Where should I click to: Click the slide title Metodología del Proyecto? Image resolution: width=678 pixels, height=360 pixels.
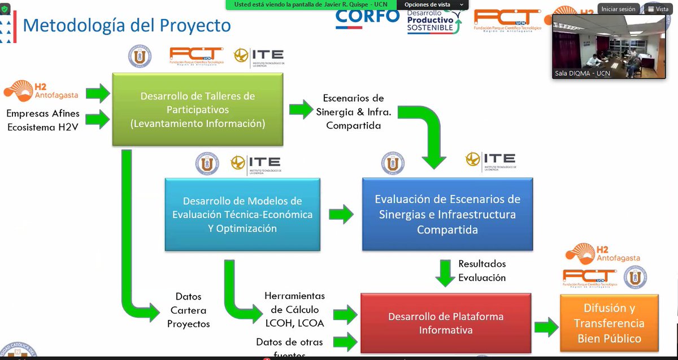[x=127, y=25]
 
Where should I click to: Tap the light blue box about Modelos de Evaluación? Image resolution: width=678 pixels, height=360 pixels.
[x=242, y=215]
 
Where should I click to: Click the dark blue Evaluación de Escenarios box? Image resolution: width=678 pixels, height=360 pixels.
[x=447, y=215]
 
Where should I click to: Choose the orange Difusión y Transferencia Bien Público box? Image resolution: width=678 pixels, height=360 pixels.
[x=609, y=323]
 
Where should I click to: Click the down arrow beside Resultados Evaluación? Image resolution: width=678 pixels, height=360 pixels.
[x=445, y=272]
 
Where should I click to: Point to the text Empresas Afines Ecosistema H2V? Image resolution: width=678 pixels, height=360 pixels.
[x=43, y=120]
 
